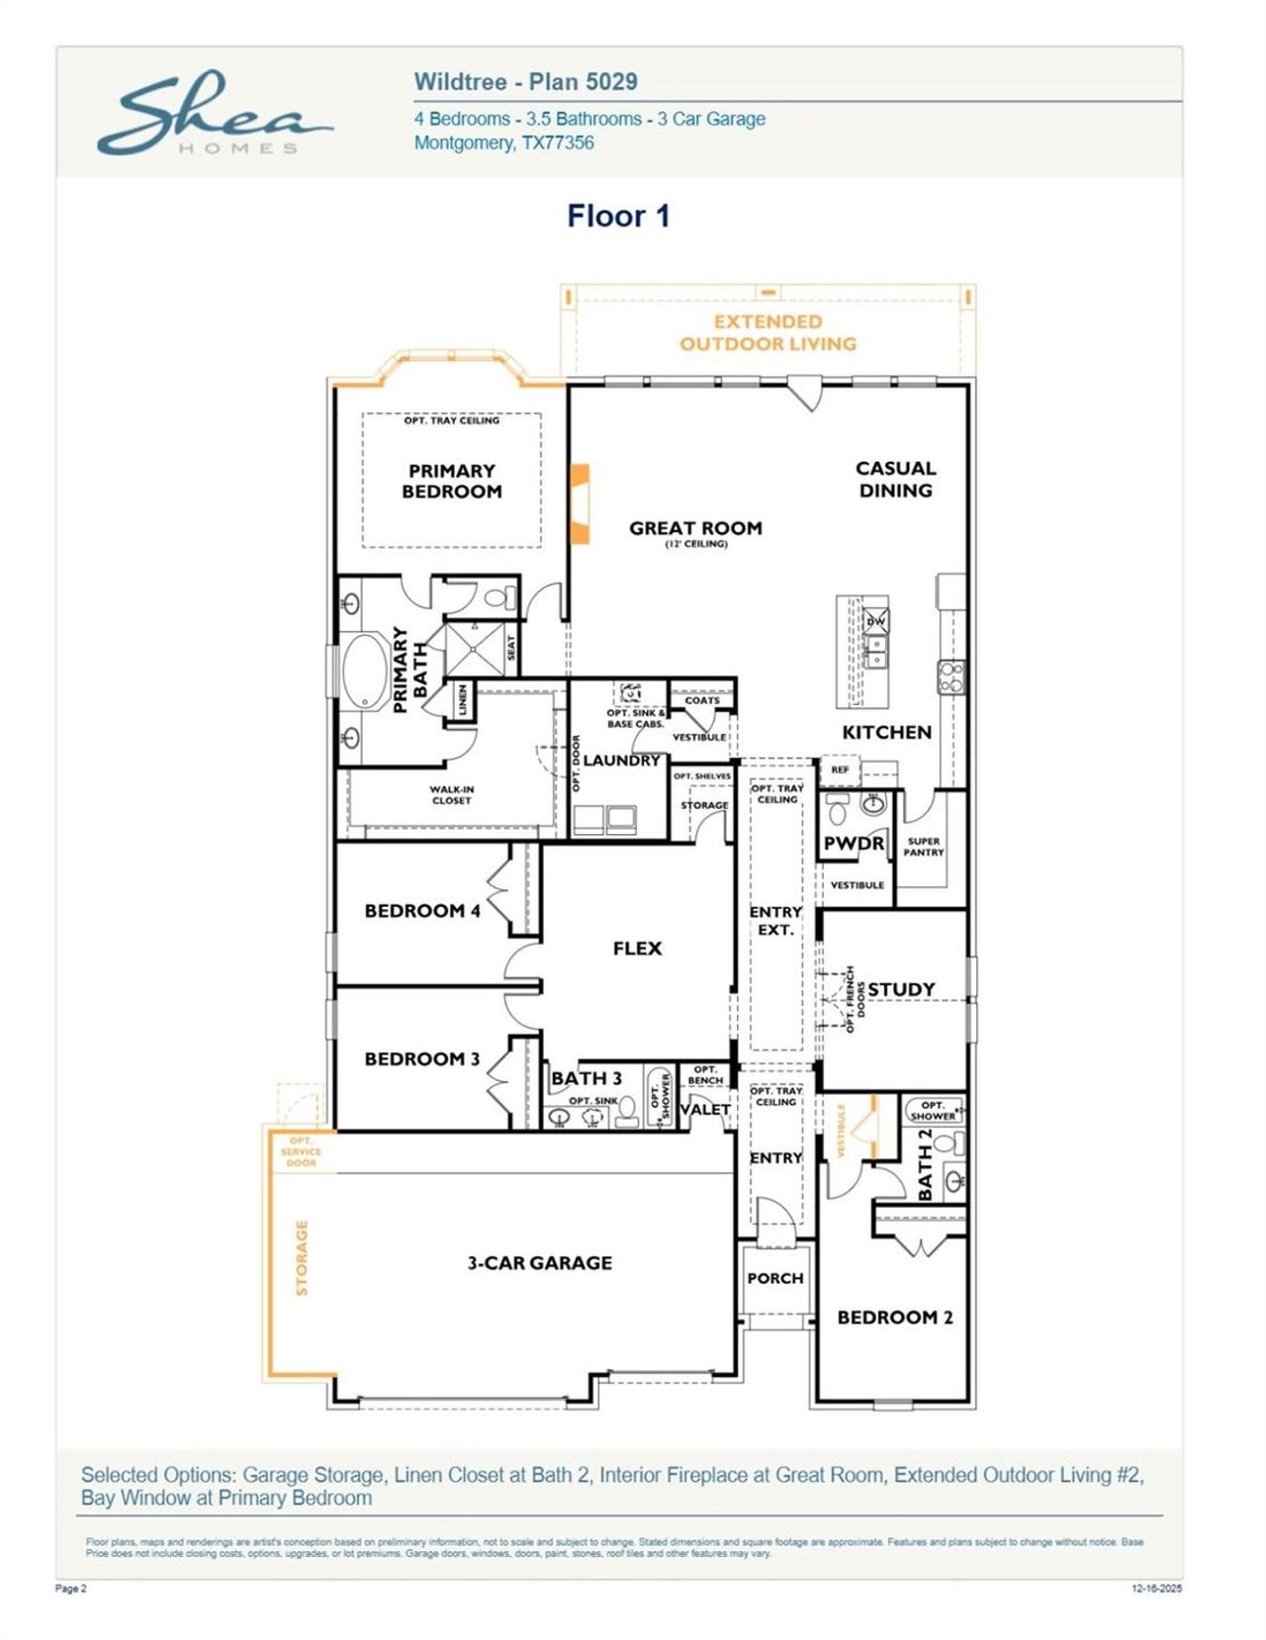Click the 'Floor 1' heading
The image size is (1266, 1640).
click(618, 216)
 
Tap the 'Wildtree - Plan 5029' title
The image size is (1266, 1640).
click(525, 82)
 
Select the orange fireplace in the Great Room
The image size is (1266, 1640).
click(580, 503)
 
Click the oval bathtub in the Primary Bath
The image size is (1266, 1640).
click(366, 672)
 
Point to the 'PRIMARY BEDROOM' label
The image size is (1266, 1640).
click(452, 482)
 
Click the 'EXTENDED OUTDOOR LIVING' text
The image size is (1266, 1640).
click(768, 333)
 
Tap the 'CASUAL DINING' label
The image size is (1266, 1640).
click(895, 479)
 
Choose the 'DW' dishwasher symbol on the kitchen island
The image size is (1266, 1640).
click(876, 621)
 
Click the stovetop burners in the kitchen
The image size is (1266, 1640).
click(950, 678)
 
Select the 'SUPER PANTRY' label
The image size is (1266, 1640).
click(924, 847)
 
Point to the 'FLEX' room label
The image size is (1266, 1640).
click(637, 949)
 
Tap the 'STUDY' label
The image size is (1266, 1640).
click(901, 989)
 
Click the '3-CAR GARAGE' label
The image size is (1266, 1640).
click(540, 1263)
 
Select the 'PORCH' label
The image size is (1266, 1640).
click(775, 1279)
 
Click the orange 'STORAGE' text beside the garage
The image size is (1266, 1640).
click(303, 1257)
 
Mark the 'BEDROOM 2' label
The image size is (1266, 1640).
click(895, 1318)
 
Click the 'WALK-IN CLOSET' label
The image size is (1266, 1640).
click(452, 795)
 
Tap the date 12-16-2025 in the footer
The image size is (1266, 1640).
click(1156, 1589)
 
